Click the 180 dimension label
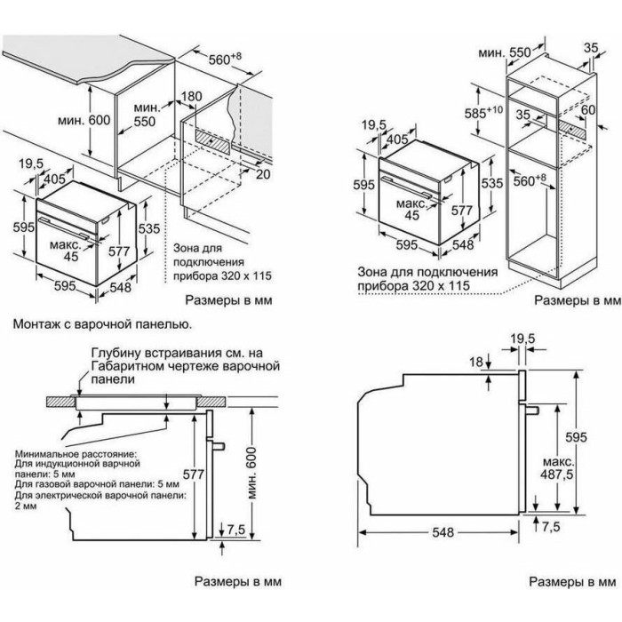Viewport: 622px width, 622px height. [192, 96]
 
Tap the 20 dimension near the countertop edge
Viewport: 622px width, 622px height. [263, 173]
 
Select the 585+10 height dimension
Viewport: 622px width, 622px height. [483, 113]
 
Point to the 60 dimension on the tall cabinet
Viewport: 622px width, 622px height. [588, 109]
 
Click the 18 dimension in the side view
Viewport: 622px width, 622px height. [476, 362]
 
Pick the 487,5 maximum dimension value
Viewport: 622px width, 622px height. [557, 474]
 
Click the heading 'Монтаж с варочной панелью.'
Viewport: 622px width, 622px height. [103, 323]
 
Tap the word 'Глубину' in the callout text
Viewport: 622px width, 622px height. [116, 353]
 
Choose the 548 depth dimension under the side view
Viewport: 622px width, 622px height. [443, 532]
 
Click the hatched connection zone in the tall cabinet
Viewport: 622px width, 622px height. [573, 129]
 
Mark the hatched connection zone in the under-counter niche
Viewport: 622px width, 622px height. [213, 141]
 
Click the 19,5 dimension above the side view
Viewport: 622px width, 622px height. [522, 339]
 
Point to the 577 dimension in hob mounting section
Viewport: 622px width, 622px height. [193, 474]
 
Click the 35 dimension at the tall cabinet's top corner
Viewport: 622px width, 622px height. [591, 48]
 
